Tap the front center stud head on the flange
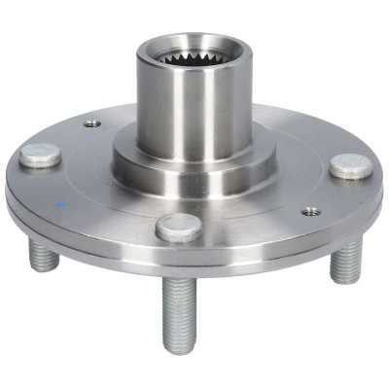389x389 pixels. point(180,227)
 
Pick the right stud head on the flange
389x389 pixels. point(349,165)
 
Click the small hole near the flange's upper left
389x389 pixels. point(91,124)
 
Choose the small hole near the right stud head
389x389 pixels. point(311,210)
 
